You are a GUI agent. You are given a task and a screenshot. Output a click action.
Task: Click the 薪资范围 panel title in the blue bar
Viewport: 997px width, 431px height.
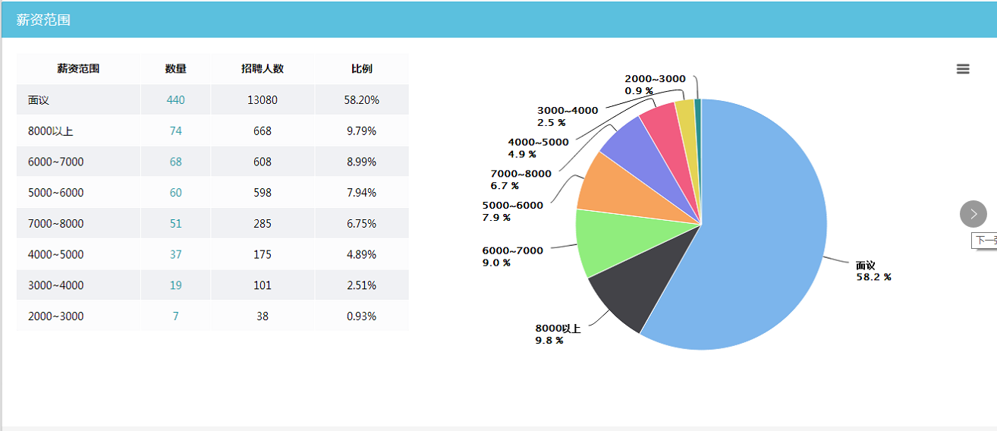(x=43, y=20)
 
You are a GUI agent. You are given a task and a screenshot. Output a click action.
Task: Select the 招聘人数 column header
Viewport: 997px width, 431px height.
(x=263, y=69)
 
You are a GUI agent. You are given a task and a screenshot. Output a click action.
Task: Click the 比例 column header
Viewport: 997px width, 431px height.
(x=361, y=69)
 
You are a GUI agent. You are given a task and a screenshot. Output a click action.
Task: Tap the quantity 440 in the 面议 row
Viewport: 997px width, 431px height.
(x=175, y=100)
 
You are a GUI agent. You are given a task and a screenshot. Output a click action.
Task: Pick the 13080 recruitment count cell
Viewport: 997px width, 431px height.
(x=263, y=100)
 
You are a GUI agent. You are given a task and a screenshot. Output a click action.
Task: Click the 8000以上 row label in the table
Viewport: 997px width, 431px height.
(x=50, y=131)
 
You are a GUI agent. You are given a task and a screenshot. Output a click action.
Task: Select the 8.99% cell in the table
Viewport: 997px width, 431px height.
(x=361, y=162)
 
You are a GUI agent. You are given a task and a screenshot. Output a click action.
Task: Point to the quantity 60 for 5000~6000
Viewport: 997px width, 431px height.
(x=175, y=193)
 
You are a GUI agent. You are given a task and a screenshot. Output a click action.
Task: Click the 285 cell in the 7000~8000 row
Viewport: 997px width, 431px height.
(x=263, y=224)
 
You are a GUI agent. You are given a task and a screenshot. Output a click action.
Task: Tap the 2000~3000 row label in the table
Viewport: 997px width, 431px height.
(x=55, y=316)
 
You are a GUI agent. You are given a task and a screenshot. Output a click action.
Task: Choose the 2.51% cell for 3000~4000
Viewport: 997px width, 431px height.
(x=361, y=285)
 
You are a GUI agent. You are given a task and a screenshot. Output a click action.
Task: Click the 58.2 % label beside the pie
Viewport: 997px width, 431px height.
(x=873, y=278)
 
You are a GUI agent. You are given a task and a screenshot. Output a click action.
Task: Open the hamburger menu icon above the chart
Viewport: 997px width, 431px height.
(x=963, y=69)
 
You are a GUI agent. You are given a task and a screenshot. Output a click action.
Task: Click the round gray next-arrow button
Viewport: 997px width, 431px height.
(x=973, y=214)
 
